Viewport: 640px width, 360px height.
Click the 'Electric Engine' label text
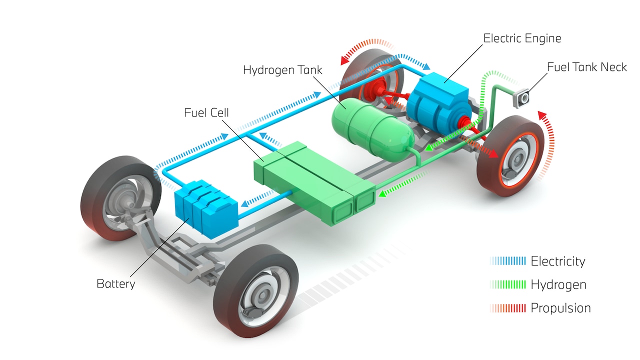point(522,38)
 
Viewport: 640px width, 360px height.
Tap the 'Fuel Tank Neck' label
point(586,67)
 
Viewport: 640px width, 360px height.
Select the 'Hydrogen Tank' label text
point(282,69)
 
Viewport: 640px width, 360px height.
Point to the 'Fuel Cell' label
point(206,112)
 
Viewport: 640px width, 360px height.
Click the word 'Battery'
point(115,284)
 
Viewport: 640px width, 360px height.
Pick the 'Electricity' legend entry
point(557,261)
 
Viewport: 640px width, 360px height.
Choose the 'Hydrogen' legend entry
point(558,285)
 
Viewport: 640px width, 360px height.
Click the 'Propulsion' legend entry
point(560,308)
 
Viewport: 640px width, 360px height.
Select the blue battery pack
point(205,207)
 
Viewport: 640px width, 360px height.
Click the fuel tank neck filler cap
point(523,98)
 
